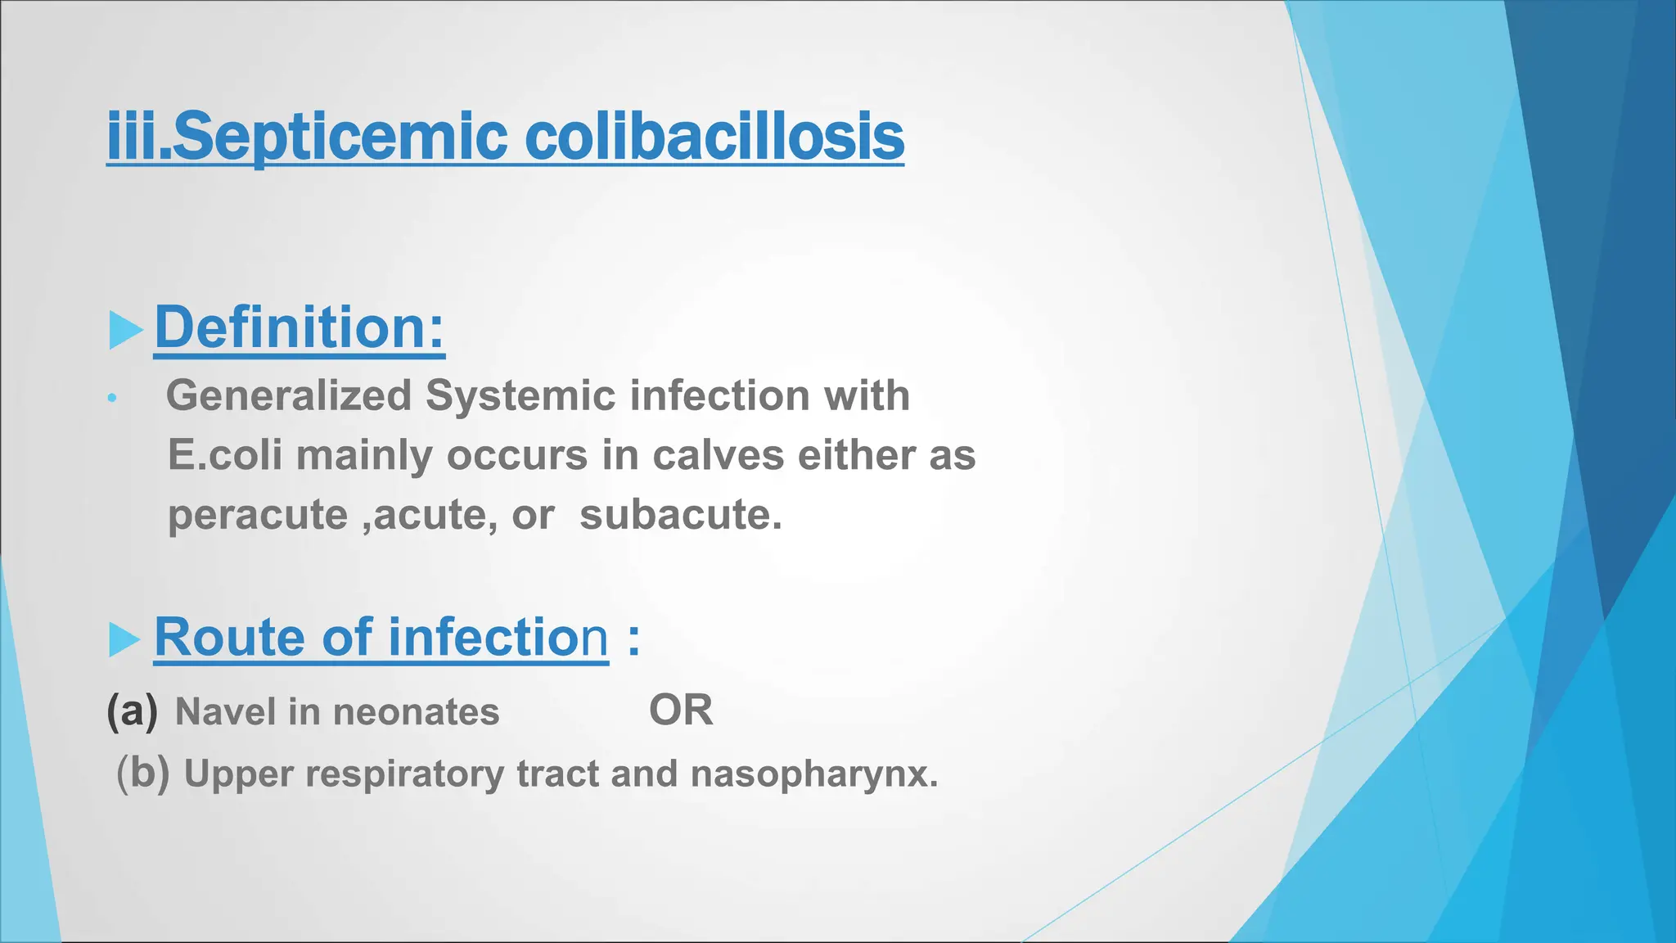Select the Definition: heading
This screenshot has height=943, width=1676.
click(300, 327)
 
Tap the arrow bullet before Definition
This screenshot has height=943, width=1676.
click(125, 330)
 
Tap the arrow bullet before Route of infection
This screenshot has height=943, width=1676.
click(124, 639)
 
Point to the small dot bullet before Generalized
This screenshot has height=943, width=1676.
click(112, 399)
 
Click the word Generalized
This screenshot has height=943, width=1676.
click(288, 396)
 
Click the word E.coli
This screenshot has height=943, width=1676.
click(225, 455)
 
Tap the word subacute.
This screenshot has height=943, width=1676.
click(680, 515)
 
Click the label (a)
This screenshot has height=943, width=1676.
click(132, 711)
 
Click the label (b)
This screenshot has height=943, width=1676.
click(142, 773)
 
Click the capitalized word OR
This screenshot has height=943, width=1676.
click(681, 711)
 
